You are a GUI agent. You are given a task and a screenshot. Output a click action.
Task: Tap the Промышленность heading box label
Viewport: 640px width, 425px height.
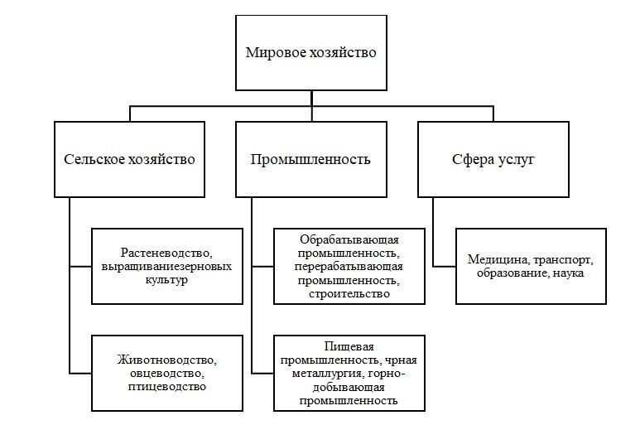pyautogui.click(x=310, y=159)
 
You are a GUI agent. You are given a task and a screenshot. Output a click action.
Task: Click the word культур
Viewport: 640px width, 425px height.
pyautogui.click(x=166, y=280)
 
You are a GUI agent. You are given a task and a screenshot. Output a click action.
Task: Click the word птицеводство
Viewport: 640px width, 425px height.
pyautogui.click(x=167, y=387)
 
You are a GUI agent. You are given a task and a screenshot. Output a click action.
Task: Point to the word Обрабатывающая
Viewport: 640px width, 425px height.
pyautogui.click(x=349, y=239)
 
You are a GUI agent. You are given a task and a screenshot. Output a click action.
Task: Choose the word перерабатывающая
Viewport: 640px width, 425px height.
pyautogui.click(x=349, y=267)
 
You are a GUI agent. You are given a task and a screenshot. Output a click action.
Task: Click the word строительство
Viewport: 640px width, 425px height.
pyautogui.click(x=349, y=294)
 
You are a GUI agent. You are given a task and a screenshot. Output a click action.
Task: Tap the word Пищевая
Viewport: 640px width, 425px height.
pyautogui.click(x=349, y=346)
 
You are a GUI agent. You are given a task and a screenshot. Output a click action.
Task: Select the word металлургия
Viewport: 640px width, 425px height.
pyautogui.click(x=327, y=374)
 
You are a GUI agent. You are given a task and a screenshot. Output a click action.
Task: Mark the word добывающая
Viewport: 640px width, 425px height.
pyautogui.click(x=349, y=387)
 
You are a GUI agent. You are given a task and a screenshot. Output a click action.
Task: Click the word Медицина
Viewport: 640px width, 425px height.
pyautogui.click(x=498, y=259)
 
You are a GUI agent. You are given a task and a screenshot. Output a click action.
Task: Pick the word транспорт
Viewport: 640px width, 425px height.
pyautogui.click(x=563, y=260)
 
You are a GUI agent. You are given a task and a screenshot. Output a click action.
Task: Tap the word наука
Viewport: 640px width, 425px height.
pyautogui.click(x=569, y=273)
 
